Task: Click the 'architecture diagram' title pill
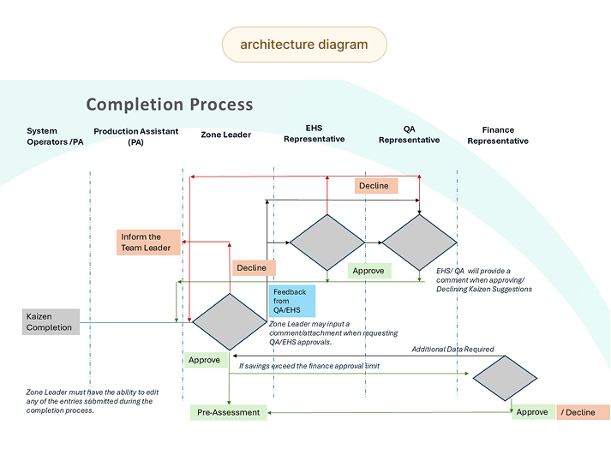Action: [x=304, y=45]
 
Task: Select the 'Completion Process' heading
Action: [x=170, y=105]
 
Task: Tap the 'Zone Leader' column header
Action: [x=226, y=135]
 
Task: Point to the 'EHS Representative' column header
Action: [x=314, y=134]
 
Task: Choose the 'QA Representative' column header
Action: [x=409, y=135]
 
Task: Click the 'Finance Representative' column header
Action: [x=498, y=135]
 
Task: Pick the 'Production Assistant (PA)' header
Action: [x=136, y=137]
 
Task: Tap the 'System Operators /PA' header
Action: [x=55, y=136]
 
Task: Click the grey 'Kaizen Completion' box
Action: [x=51, y=322]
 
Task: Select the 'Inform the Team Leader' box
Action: [x=148, y=242]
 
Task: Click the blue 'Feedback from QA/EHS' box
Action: [x=292, y=301]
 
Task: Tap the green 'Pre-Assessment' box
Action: [x=228, y=412]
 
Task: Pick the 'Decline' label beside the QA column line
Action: [x=376, y=186]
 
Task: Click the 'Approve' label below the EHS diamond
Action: [x=369, y=271]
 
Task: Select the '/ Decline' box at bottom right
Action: [x=584, y=412]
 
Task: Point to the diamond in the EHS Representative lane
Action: [x=327, y=242]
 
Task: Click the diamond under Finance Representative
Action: [x=505, y=378]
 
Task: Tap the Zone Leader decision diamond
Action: [x=230, y=322]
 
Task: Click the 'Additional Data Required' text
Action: [x=452, y=350]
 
